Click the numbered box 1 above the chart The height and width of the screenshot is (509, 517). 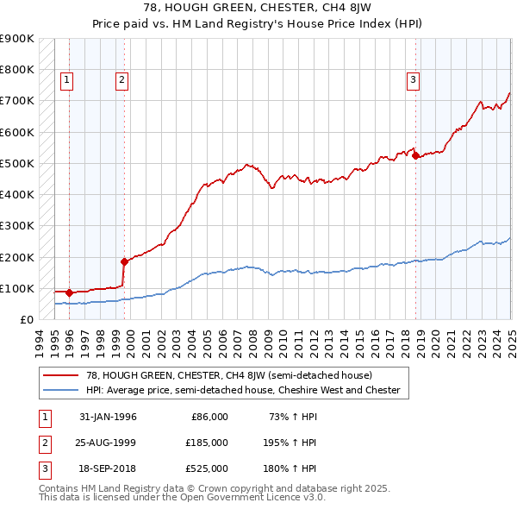click(x=67, y=80)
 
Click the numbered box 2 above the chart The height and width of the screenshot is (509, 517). click(x=122, y=80)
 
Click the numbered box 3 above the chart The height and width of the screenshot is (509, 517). click(x=414, y=80)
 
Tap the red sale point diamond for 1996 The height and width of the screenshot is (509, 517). click(x=69, y=292)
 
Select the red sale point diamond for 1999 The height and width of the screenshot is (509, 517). click(x=124, y=261)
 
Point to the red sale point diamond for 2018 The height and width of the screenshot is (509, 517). click(x=415, y=156)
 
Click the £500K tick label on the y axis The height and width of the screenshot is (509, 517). click(x=17, y=163)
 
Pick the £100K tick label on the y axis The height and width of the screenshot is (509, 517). click(x=17, y=288)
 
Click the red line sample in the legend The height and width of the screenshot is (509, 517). click(x=63, y=375)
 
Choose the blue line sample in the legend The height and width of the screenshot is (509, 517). click(x=63, y=390)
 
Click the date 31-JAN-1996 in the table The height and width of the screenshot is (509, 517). click(x=108, y=417)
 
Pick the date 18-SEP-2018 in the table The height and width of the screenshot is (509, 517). click(x=108, y=468)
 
